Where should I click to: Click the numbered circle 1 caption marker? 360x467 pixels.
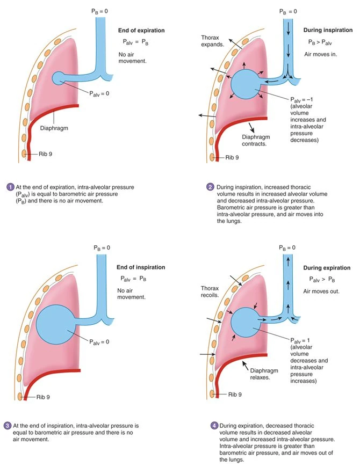click(x=9, y=187)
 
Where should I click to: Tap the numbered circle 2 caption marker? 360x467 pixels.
click(x=210, y=187)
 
